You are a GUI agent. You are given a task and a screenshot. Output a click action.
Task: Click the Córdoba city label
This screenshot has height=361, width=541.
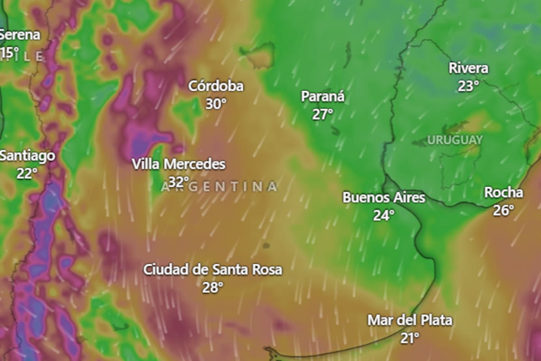[215, 86]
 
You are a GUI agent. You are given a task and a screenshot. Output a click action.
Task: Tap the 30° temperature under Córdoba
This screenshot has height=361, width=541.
[216, 104]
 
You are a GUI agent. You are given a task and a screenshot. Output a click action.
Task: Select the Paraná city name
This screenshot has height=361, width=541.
[323, 97]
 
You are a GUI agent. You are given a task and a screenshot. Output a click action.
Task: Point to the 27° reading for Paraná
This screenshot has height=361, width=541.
[322, 114]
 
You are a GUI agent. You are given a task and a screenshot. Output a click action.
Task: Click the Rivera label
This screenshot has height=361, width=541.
[468, 69]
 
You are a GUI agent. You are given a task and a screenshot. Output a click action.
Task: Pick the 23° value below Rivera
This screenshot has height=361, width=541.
[468, 86]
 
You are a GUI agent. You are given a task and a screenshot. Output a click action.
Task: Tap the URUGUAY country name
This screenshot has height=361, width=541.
[455, 140]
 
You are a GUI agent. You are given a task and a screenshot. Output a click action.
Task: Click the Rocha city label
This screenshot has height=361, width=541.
[504, 193]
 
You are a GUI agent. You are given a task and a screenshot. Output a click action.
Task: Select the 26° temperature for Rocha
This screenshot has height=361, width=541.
[503, 210]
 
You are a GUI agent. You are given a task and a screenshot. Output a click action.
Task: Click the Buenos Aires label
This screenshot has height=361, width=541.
[384, 198]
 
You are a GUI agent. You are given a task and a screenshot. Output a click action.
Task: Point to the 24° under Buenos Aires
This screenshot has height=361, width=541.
[384, 215]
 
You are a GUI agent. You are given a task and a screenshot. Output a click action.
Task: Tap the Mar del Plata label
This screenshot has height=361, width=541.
[410, 320]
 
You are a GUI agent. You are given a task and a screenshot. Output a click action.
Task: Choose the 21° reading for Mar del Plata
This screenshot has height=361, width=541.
[410, 338]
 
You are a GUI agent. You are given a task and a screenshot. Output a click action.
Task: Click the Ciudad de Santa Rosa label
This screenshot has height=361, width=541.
[213, 270]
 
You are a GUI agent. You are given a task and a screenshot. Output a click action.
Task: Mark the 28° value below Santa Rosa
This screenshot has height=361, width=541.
[212, 287]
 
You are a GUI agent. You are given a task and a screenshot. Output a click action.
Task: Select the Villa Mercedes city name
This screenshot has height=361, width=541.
[179, 164]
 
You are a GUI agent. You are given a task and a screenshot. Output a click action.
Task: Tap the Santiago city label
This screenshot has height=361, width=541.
[27, 156]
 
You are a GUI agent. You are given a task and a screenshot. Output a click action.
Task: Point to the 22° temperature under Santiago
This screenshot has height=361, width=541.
[27, 173]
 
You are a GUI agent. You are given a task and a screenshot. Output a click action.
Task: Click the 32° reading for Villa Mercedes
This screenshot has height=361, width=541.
[179, 182]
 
